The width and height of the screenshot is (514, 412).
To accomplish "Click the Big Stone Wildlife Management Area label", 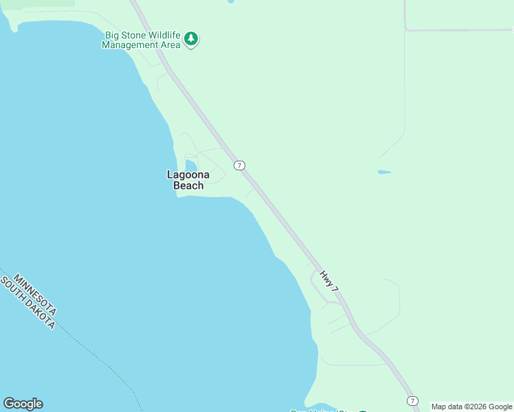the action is [142, 40].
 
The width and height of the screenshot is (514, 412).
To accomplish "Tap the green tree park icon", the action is [192, 39].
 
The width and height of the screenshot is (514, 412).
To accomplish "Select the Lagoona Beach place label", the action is [188, 180].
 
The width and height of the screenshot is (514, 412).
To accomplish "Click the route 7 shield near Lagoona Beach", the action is [239, 165].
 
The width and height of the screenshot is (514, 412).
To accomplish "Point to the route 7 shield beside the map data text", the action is [412, 401].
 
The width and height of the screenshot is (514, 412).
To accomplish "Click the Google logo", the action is [23, 404].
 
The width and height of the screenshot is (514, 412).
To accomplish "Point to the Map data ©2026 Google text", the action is [471, 407].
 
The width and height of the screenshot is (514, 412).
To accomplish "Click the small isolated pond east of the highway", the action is [384, 172].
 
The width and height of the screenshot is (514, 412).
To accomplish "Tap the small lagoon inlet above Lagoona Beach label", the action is [190, 165].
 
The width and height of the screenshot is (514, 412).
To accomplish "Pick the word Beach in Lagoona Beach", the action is [188, 185].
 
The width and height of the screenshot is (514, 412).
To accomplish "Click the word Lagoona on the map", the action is [188, 174].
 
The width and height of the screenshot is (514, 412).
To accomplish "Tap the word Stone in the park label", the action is [133, 35].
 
